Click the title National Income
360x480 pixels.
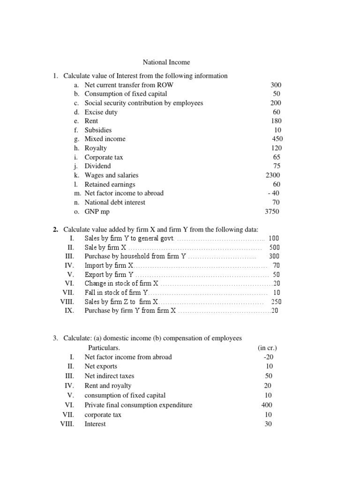166,62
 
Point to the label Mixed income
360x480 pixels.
105,139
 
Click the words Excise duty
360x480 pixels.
101,112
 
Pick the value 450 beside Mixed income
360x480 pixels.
277,139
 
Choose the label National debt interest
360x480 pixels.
115,202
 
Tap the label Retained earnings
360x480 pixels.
110,184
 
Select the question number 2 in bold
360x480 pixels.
55,229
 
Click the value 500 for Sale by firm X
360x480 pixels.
275,247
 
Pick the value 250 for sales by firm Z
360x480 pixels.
276,302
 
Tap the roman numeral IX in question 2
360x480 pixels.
69,311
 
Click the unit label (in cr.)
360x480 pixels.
267,348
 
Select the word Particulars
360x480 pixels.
104,348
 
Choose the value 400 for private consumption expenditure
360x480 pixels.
267,405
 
